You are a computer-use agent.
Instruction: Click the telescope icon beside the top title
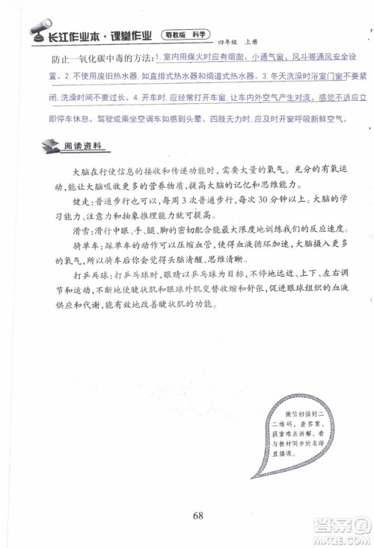[x=35, y=32]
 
